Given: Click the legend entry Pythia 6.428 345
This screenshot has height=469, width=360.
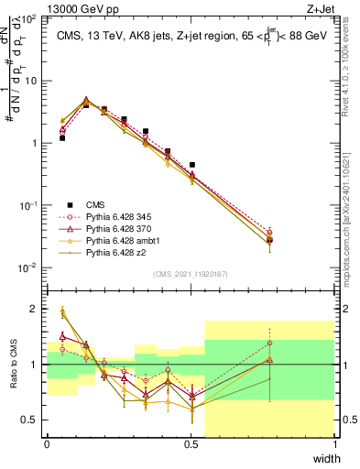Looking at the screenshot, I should click(113, 215).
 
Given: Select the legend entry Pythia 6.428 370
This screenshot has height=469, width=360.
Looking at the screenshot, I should click(113, 227).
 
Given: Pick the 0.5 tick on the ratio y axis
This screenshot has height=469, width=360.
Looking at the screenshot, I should click(34, 419).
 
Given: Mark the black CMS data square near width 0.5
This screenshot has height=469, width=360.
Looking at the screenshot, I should click(191, 165).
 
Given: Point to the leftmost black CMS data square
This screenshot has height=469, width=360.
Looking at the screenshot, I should click(62, 138).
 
